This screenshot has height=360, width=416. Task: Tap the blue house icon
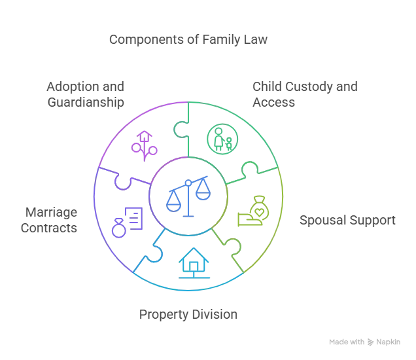pyautogui.click(x=193, y=263)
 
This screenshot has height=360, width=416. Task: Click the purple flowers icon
pyautogui.click(x=144, y=145)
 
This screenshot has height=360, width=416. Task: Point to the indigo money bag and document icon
pyautogui.click(x=126, y=221)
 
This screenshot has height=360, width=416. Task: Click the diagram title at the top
pyautogui.click(x=188, y=41)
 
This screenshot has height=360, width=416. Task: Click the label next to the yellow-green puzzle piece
pyautogui.click(x=347, y=220)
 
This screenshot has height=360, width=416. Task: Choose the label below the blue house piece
pyautogui.click(x=188, y=315)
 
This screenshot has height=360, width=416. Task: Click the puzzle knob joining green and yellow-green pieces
pyautogui.click(x=252, y=171)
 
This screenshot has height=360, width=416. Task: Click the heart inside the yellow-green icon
pyautogui.click(x=258, y=202)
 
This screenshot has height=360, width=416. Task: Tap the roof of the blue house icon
pyautogui.click(x=193, y=255)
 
